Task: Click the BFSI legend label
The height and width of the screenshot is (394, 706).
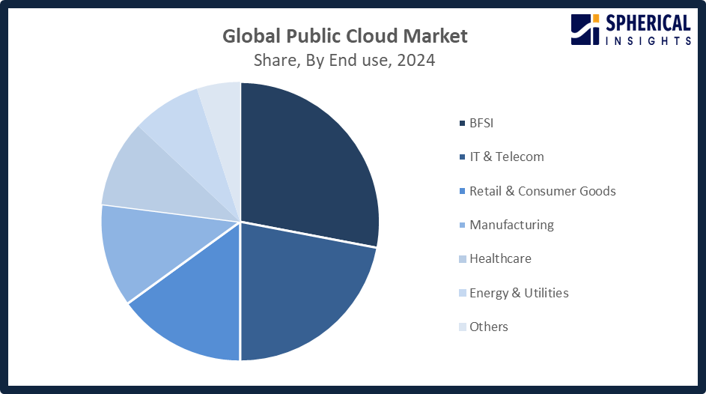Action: pyautogui.click(x=481, y=123)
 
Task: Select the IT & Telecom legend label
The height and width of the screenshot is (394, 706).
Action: pyautogui.click(x=506, y=157)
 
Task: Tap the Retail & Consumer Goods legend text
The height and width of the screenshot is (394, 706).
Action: pyautogui.click(x=542, y=191)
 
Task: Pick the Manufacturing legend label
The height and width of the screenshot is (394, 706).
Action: pyautogui.click(x=511, y=225)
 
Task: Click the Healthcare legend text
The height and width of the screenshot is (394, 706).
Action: pyautogui.click(x=500, y=258)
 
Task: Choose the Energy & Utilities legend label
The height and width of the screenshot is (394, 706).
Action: pyautogui.click(x=519, y=293)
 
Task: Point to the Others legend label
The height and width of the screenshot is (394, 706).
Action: pyautogui.click(x=488, y=327)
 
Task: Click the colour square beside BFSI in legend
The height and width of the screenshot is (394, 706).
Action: pyautogui.click(x=462, y=123)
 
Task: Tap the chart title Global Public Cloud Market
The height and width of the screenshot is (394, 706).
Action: pyautogui.click(x=344, y=36)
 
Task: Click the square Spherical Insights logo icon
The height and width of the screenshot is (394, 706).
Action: pyautogui.click(x=585, y=28)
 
